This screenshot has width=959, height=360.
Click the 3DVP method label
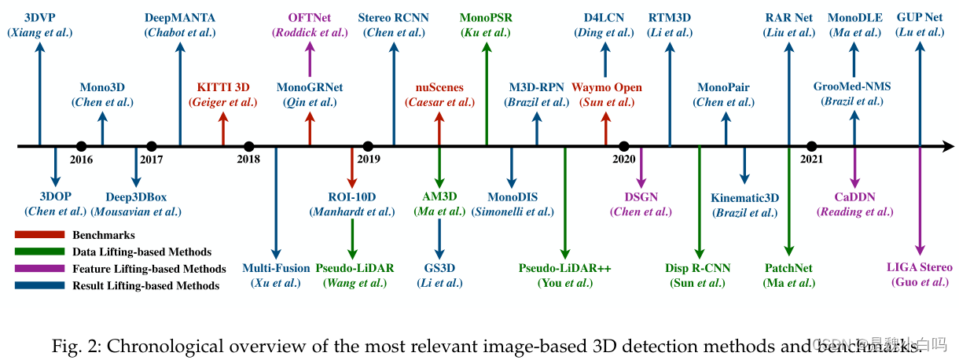tap(39, 17)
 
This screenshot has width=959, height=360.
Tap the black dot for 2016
tap(81, 146)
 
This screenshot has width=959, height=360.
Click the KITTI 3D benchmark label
tap(223, 87)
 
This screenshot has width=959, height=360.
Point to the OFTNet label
tap(309, 17)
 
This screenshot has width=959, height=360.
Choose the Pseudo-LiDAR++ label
tap(564, 268)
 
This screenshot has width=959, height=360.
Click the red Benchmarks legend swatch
tap(40, 235)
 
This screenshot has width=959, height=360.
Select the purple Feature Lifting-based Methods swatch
tap(40, 269)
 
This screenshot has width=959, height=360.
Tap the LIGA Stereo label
tap(919, 267)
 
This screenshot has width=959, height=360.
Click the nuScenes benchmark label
tap(439, 87)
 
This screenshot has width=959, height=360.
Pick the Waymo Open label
tap(606, 87)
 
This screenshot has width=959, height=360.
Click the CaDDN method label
tap(855, 197)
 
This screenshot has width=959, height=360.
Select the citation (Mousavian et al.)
tap(136, 211)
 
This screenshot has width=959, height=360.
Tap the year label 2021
tap(812, 160)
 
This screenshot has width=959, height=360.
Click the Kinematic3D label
tap(744, 198)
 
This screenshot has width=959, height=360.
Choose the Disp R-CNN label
tap(698, 268)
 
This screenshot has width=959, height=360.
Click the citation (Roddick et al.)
tap(309, 32)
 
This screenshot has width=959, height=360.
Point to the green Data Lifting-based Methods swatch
tap(40, 252)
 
